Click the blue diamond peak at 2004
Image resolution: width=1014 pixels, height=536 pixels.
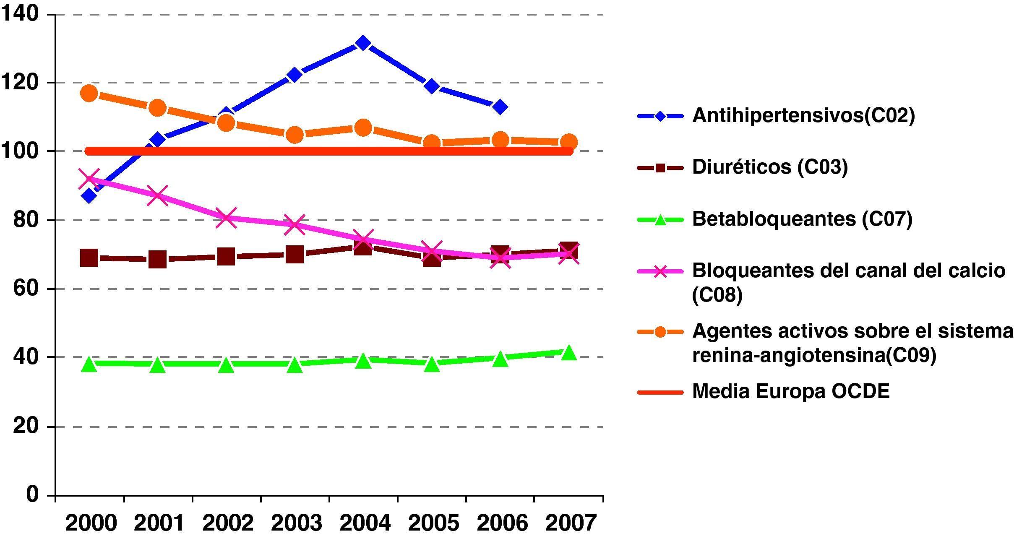[363, 43]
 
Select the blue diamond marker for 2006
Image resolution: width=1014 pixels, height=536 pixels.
[500, 107]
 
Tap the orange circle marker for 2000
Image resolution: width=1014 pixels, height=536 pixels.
[89, 93]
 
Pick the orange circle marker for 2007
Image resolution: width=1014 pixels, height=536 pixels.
[568, 142]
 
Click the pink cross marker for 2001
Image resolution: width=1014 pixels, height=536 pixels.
[158, 195]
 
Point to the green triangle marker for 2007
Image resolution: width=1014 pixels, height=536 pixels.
[568, 353]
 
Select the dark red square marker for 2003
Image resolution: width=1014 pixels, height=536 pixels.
[295, 255]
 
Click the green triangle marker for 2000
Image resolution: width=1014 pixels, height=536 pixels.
[89, 364]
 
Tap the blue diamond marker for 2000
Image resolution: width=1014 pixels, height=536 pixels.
[89, 195]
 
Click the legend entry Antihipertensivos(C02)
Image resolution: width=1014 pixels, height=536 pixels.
[803, 115]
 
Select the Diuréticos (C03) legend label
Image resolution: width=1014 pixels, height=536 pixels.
[770, 167]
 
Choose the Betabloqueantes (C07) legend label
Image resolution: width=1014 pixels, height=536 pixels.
[802, 219]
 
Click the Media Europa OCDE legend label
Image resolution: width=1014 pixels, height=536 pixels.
[791, 391]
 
